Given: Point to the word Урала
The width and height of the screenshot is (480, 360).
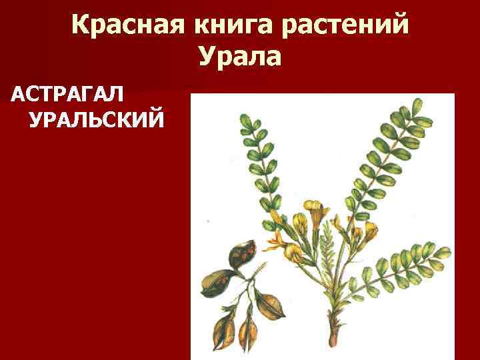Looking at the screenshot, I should point(240,57).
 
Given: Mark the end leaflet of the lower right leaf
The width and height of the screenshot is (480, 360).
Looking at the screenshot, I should point(441,251).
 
